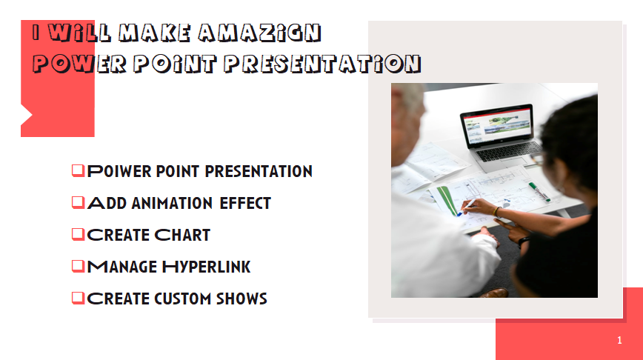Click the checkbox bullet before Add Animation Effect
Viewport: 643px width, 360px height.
(78, 202)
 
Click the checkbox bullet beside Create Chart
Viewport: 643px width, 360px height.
(78, 234)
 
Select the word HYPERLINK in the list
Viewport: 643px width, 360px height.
(207, 267)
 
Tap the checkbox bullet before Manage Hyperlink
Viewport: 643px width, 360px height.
(78, 266)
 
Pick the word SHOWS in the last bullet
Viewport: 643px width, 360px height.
(241, 299)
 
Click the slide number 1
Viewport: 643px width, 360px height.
(619, 341)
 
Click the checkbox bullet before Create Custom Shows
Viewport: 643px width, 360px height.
(78, 298)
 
